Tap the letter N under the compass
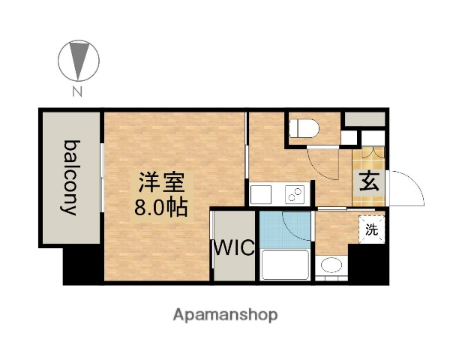click(x=77, y=93)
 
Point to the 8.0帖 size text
click(x=160, y=206)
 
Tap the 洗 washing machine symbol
click(x=372, y=229)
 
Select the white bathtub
click(x=284, y=265)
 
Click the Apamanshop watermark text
click(x=224, y=313)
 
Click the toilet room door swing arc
click(x=324, y=163)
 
